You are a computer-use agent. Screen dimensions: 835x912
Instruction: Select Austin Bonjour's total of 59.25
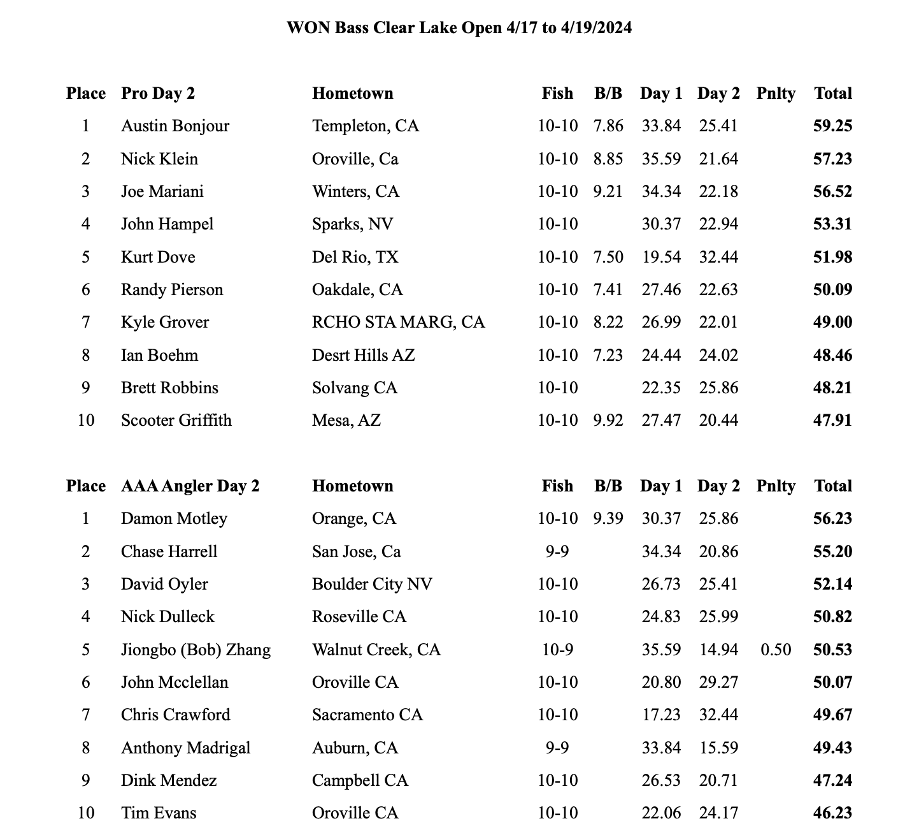tap(832, 126)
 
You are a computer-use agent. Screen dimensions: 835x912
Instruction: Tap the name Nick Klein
tap(159, 159)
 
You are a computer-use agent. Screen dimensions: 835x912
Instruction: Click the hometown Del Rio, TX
tap(355, 257)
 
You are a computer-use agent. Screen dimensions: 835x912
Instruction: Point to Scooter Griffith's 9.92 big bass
tap(608, 420)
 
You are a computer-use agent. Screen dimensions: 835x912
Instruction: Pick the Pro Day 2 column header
tap(158, 93)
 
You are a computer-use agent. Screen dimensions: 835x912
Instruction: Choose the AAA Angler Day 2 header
tap(190, 486)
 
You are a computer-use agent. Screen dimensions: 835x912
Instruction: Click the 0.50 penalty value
tap(776, 650)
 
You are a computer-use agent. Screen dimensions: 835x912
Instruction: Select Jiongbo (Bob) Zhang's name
tap(196, 650)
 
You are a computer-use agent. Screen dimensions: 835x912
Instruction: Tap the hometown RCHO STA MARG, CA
tap(398, 322)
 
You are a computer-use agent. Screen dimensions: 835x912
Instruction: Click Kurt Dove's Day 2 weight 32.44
tap(718, 257)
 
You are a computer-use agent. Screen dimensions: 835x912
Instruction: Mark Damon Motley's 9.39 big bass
tap(608, 518)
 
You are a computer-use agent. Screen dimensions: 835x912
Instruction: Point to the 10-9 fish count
tap(557, 650)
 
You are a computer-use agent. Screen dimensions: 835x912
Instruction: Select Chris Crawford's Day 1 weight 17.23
tap(661, 715)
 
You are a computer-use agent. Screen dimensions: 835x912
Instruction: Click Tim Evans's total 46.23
tap(832, 813)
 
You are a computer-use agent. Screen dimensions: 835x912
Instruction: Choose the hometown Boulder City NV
tap(372, 584)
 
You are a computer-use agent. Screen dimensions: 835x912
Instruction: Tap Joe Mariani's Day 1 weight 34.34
tap(661, 191)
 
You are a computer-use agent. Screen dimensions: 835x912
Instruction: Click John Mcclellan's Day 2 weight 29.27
tap(718, 682)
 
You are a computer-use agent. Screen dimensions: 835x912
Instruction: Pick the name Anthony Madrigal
tap(185, 748)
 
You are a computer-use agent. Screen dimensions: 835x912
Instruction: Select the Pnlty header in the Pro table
tap(776, 93)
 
